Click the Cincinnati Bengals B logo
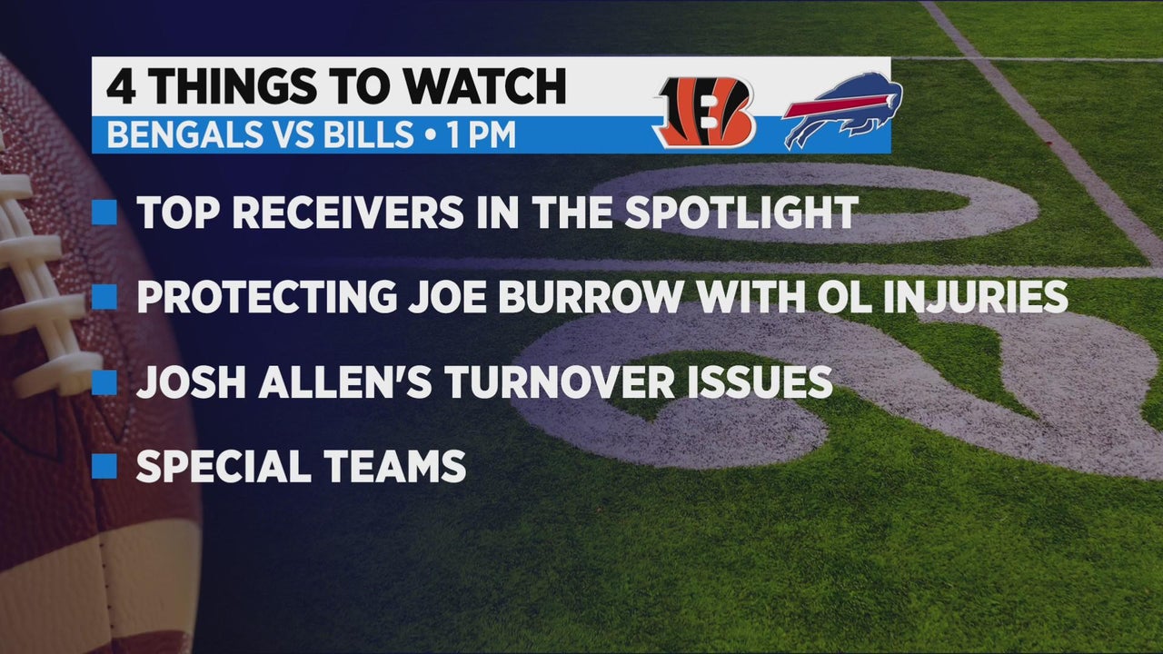(x=704, y=113)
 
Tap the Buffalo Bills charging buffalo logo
(x=842, y=110)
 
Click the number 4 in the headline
(x=122, y=86)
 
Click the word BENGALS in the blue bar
(x=186, y=134)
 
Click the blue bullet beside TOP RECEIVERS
(x=104, y=213)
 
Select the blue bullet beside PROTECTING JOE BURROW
(x=104, y=297)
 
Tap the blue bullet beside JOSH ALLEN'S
(x=104, y=382)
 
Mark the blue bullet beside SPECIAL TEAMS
(x=104, y=466)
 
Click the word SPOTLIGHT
(x=741, y=213)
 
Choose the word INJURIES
(x=975, y=297)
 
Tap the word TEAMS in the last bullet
(x=394, y=466)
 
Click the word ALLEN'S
(x=344, y=382)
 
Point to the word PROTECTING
(x=267, y=297)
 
